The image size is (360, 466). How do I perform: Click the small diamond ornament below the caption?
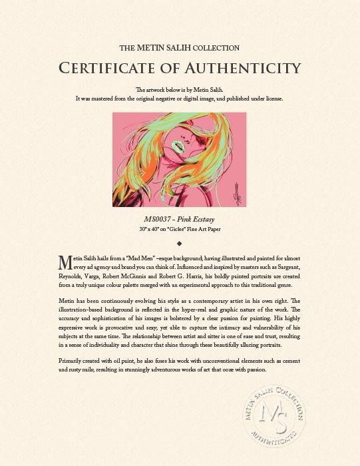tap(180, 242)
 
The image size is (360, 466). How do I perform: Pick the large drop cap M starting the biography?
tap(65, 260)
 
